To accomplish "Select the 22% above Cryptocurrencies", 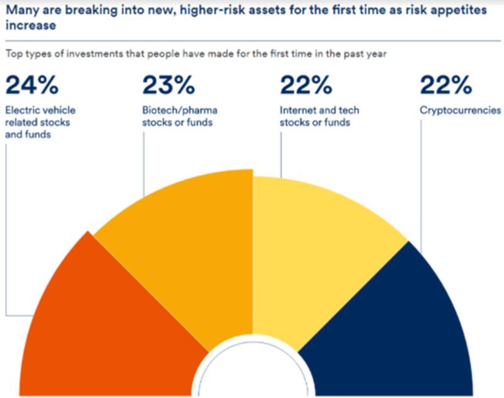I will point(445,84).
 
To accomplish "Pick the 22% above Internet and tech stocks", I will point(306,84).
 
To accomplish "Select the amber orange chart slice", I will point(189,239).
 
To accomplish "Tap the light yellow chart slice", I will point(315,239).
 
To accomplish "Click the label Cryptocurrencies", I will point(461,110).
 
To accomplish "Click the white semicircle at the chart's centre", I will point(252,375).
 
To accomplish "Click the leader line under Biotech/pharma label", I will point(144,164).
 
